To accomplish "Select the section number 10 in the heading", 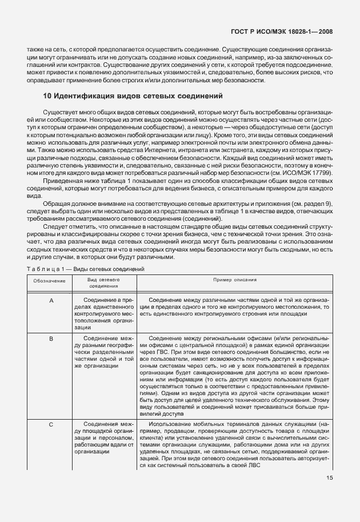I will click(47, 95).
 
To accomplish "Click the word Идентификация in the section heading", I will click(85, 95).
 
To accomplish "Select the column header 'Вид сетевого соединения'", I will click(102, 284).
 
